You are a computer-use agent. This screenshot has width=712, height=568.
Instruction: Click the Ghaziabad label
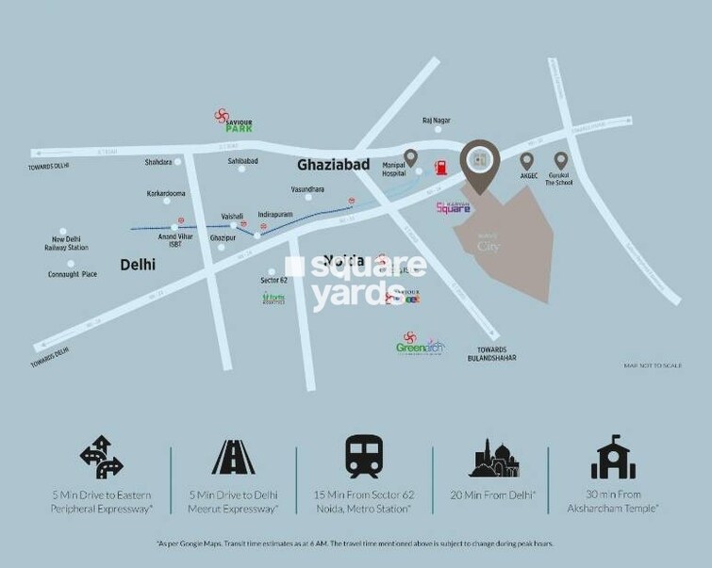click(x=331, y=164)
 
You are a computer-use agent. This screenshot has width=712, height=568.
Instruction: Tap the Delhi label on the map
click(x=138, y=266)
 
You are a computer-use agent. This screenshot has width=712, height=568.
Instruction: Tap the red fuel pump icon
click(x=439, y=169)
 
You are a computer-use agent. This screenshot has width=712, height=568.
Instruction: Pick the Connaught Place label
click(x=73, y=274)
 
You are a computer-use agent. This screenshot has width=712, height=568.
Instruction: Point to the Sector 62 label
click(x=273, y=281)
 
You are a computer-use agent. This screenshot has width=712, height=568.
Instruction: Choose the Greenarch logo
click(x=419, y=346)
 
